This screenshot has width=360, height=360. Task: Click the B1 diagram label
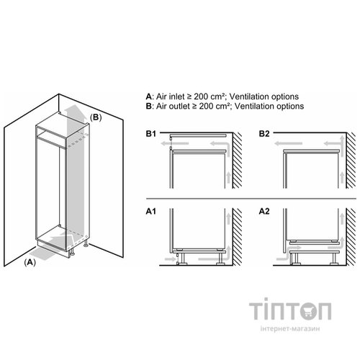(x=151, y=134)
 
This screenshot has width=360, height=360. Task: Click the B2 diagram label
(x=264, y=134)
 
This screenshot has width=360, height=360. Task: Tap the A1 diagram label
(x=151, y=212)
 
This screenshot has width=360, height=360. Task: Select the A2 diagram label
(x=264, y=212)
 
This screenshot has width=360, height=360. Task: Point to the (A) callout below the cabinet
(x=30, y=262)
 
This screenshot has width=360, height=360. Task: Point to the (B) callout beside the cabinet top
(x=96, y=117)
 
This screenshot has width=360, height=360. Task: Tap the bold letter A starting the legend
(x=149, y=96)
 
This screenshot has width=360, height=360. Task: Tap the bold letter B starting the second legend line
(x=149, y=106)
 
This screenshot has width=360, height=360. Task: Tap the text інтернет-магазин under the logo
(x=290, y=328)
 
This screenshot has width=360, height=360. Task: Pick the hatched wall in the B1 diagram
(x=237, y=161)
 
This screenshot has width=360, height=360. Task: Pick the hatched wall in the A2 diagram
(x=351, y=237)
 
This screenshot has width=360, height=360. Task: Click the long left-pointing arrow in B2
(x=288, y=143)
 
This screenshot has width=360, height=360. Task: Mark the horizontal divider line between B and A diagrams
(x=251, y=199)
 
